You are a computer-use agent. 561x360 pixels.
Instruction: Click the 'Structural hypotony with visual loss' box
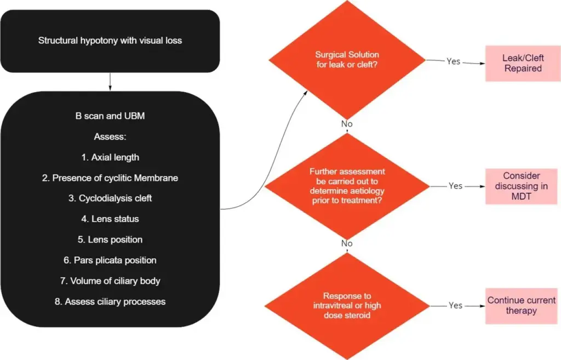[x=110, y=41]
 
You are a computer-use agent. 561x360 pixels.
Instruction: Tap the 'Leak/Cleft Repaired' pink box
[x=523, y=63]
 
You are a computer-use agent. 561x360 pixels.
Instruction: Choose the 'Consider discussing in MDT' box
[x=521, y=186]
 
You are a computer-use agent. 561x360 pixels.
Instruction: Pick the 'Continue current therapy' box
[x=521, y=306]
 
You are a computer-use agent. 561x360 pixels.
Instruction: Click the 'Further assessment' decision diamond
[x=347, y=186]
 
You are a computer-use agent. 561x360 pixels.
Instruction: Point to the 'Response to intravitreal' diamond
[x=347, y=305]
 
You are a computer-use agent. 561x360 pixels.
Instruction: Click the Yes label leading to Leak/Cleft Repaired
[x=453, y=61]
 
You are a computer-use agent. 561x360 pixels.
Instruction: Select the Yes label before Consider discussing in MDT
[x=455, y=186]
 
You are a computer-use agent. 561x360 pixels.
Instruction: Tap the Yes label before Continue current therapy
[x=455, y=305]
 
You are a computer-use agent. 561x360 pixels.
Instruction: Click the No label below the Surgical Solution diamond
[x=347, y=124]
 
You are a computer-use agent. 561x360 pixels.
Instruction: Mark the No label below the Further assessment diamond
[x=347, y=243]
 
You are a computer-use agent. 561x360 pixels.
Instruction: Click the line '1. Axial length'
[x=110, y=157]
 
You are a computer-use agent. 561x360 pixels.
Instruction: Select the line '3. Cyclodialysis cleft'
[x=110, y=198]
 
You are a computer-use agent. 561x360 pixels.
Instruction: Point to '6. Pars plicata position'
[x=110, y=260]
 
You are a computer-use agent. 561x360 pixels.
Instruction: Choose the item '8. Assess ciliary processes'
[x=110, y=301]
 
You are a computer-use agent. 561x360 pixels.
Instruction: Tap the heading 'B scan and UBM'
[x=110, y=116]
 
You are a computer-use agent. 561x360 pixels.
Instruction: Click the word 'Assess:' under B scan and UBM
[x=110, y=137]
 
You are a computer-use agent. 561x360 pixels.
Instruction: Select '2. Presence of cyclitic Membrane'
[x=110, y=178]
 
